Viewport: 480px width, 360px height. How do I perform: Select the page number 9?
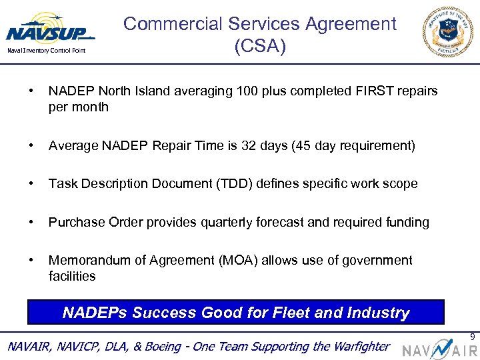click(x=473, y=337)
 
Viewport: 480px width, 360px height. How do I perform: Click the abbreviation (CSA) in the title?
click(x=260, y=47)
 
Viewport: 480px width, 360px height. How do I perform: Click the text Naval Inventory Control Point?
click(x=45, y=51)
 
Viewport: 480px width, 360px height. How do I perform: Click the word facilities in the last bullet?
click(x=72, y=276)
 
